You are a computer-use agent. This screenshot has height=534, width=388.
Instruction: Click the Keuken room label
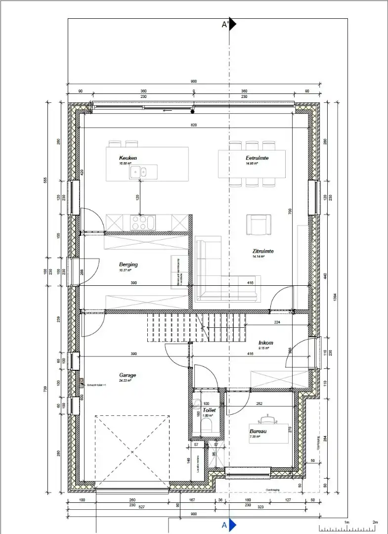click(128, 158)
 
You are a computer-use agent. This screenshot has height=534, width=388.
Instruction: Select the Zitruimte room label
click(262, 251)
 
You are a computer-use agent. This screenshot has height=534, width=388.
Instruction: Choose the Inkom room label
click(265, 343)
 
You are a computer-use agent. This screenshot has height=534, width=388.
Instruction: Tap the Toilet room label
click(209, 410)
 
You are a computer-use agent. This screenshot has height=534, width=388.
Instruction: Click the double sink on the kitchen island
click(138, 172)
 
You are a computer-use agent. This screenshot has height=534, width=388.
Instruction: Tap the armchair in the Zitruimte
click(259, 225)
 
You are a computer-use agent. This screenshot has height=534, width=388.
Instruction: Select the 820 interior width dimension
click(194, 126)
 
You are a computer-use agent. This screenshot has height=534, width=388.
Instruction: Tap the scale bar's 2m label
click(375, 522)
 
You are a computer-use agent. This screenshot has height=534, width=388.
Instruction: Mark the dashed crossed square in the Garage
click(132, 451)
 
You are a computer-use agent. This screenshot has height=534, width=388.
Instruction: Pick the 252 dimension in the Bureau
click(259, 403)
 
